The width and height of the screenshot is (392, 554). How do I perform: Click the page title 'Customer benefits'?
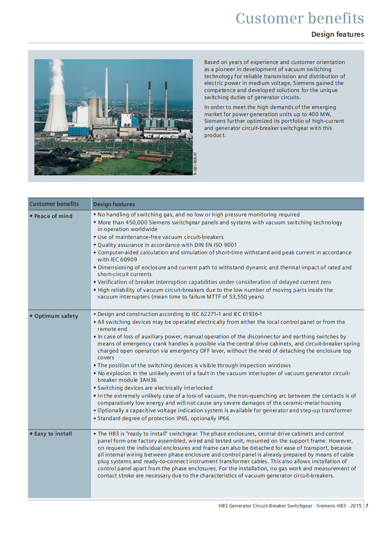click(x=300, y=18)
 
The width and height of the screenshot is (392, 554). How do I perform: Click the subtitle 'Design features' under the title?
click(x=337, y=34)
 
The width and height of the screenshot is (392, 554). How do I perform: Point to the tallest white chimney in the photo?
click(x=106, y=91)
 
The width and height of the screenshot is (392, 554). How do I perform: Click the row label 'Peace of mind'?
click(x=53, y=216)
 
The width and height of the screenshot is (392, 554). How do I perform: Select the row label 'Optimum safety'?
click(x=56, y=316)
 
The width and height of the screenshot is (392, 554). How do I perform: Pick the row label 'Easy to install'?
click(x=53, y=434)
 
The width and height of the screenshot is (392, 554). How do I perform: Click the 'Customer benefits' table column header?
click(x=54, y=204)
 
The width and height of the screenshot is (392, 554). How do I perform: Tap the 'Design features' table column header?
click(x=114, y=204)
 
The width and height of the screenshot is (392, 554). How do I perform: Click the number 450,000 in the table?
click(x=136, y=222)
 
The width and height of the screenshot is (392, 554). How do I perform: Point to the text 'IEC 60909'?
click(x=124, y=259)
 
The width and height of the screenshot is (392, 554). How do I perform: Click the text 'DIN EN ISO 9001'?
click(x=215, y=245)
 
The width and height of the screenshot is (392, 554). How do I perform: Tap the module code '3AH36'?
click(x=148, y=380)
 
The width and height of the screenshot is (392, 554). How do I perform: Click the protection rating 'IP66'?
click(x=223, y=418)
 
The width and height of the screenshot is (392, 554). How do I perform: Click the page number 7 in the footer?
click(x=367, y=505)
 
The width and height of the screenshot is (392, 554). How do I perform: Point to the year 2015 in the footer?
click(x=356, y=505)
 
